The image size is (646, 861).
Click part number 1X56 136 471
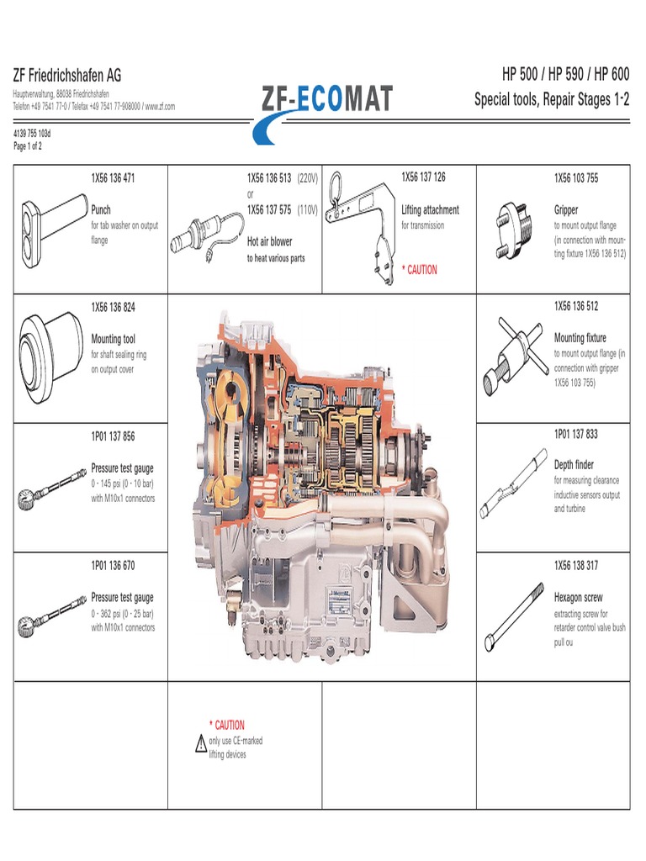pos(113,178)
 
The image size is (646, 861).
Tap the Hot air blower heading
pos(269,241)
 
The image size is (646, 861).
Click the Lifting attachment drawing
pos(360,224)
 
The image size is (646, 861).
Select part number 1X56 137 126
pos(423,177)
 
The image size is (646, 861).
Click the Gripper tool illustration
pos(512,228)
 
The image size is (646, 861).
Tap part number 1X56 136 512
pos(575,306)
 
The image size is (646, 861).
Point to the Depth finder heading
pos(574,465)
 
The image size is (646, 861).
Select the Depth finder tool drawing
pos(514,483)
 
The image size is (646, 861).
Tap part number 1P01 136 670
pos(113,565)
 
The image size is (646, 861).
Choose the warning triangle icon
pos(200,743)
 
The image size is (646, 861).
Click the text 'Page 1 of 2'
pos(28,146)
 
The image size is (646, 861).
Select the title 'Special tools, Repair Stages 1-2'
pos(551,101)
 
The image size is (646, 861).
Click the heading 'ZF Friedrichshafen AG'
pos(67,76)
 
